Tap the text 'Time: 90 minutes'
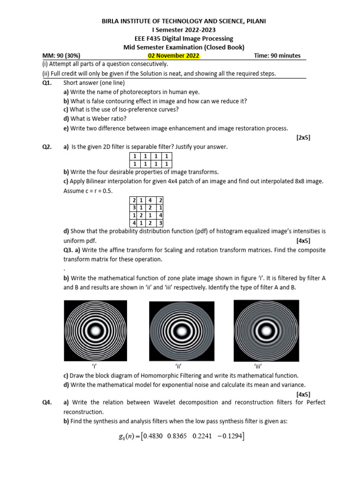click(x=277, y=56)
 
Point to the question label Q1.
click(x=47, y=82)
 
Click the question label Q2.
click(x=47, y=147)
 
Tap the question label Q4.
click(x=47, y=402)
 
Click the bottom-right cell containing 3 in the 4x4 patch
click(x=160, y=223)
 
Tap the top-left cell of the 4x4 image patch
click(x=134, y=201)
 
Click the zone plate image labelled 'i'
click(x=95, y=330)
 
